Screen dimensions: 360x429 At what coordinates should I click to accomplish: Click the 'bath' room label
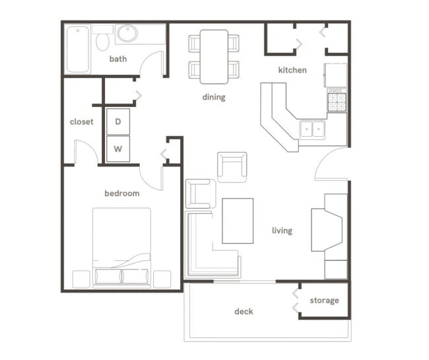pos(118,59)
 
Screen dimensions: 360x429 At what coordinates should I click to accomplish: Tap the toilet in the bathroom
pos(102,40)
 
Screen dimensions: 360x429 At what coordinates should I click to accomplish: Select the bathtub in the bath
pos(77,49)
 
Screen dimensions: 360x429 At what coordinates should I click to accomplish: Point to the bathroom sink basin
pos(127,34)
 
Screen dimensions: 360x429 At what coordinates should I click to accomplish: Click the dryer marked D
pos(118,122)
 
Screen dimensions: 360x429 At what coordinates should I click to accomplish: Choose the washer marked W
pos(118,149)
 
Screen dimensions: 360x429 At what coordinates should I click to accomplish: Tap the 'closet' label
pos(82,122)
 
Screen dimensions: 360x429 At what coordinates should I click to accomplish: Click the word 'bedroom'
pos(122,194)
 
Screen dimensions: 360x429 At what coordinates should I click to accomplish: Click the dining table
pos(214,56)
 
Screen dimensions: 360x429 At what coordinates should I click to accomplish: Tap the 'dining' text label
pos(214,97)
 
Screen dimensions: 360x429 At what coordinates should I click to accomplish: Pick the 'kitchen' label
pos(292,70)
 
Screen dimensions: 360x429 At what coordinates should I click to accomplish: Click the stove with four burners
pos(337,101)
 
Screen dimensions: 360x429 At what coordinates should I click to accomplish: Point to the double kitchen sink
pos(312,128)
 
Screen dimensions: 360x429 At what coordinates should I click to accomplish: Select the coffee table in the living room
pos(238,221)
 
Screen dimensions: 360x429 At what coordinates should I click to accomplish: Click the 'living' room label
pos(282,231)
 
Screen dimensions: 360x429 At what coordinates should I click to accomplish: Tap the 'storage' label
pos(324,301)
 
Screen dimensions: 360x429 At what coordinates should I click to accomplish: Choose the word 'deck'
pos(244,311)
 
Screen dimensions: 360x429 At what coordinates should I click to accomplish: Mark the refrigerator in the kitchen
pos(336,75)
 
